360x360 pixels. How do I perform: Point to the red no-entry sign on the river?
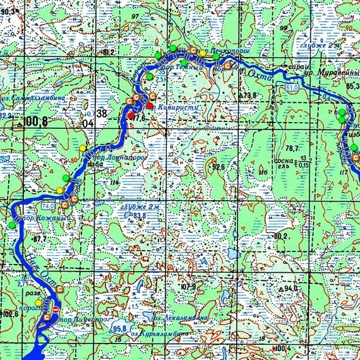point(56,309)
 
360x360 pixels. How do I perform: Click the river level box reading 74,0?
point(47,207)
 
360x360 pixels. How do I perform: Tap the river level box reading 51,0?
point(292,87)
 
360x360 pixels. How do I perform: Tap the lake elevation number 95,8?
point(119,328)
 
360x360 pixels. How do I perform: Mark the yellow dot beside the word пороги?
point(38,303)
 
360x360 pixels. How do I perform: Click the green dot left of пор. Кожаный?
point(11,224)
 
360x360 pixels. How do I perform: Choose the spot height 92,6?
point(219,167)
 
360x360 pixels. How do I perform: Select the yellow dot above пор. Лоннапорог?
point(83,147)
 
